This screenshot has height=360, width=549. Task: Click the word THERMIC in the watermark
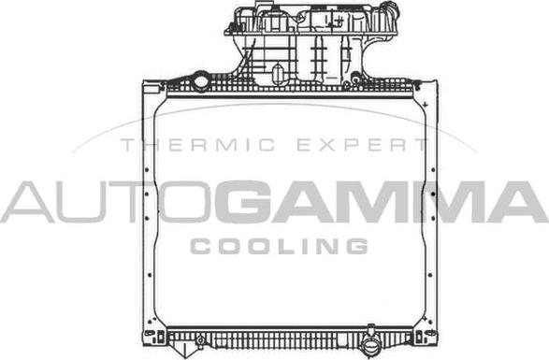pos(197,145)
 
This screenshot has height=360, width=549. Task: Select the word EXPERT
pos(362,145)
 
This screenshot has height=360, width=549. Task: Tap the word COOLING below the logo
pos(279,246)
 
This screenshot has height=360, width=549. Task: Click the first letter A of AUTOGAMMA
pos(28,202)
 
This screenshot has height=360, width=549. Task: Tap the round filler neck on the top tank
pos(201,81)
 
